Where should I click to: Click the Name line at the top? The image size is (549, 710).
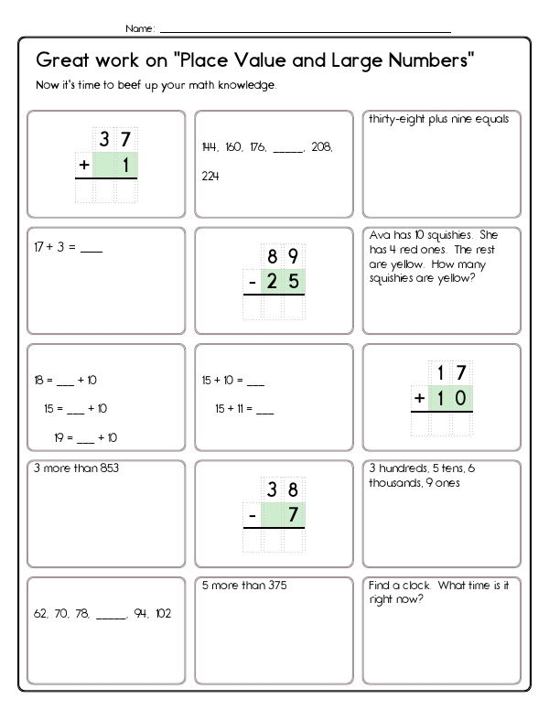(x=302, y=30)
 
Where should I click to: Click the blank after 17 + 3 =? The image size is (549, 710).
(x=92, y=246)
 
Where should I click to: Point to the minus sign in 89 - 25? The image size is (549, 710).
(x=251, y=283)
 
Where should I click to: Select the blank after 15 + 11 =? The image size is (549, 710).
(x=265, y=408)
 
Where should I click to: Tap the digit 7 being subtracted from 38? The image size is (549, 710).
(x=293, y=516)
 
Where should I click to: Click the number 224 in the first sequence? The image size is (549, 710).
(x=210, y=177)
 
